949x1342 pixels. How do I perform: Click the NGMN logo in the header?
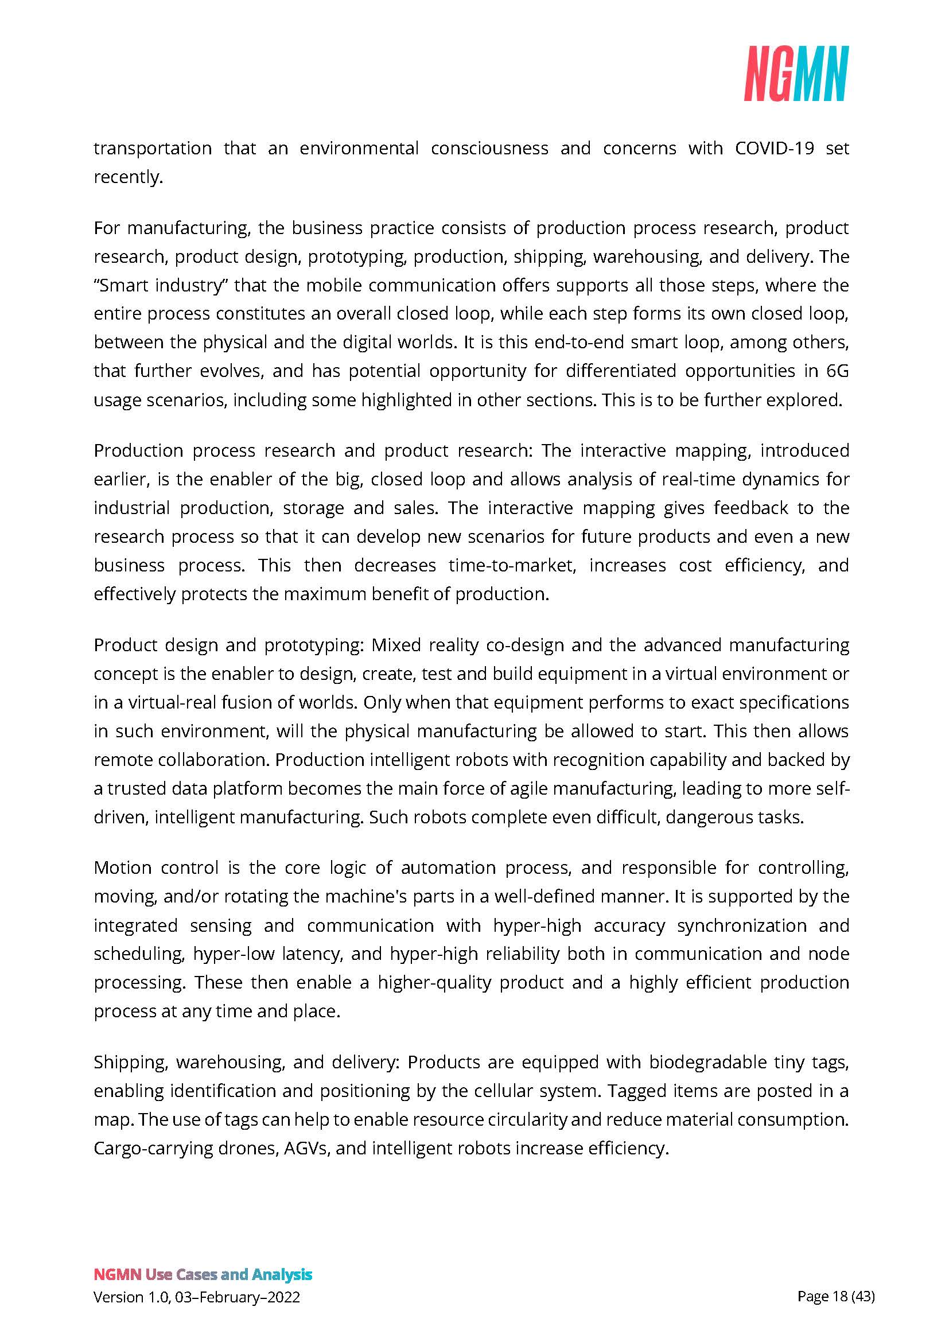click(795, 73)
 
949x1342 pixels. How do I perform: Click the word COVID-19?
click(773, 149)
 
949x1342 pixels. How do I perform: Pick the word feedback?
click(750, 508)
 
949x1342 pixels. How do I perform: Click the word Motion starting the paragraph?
click(122, 868)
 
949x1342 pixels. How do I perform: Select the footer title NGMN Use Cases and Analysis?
click(203, 1275)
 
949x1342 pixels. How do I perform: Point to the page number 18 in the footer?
click(840, 1297)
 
